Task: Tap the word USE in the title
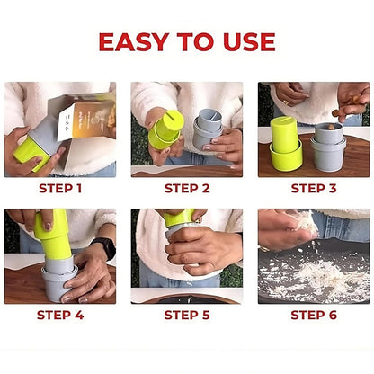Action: click(x=249, y=41)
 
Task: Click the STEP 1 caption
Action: click(x=60, y=189)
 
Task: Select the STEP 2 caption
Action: click(x=187, y=189)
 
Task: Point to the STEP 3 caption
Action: click(x=314, y=189)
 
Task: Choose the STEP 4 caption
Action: click(x=60, y=316)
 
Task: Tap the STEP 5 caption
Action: click(x=187, y=316)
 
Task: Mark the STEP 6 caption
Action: click(x=314, y=316)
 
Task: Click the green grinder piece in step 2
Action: click(x=165, y=129)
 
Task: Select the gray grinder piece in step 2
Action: click(x=208, y=129)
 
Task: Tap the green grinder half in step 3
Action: click(x=286, y=145)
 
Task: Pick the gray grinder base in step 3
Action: click(x=328, y=147)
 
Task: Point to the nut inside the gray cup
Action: click(x=331, y=127)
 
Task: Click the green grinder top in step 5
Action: click(x=179, y=218)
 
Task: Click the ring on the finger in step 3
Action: click(x=286, y=102)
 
